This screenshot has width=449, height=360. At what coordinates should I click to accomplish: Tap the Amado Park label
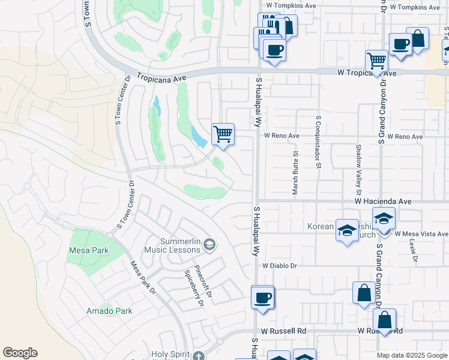(x=109, y=311)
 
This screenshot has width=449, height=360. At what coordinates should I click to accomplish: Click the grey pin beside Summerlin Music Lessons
(x=209, y=244)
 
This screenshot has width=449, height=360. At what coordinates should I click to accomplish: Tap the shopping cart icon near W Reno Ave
(x=223, y=134)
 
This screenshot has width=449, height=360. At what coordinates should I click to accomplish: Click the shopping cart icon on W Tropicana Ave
(x=376, y=60)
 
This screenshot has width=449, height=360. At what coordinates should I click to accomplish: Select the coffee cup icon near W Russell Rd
(x=262, y=297)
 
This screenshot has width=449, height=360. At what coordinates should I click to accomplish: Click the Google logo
(x=20, y=353)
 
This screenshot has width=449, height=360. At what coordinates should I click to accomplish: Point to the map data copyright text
(x=412, y=355)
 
